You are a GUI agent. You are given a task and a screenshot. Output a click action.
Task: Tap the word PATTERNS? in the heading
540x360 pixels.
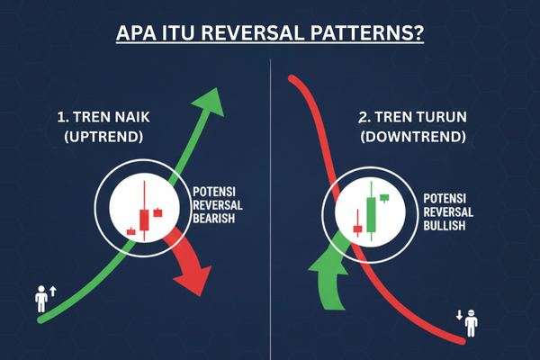point(377,35)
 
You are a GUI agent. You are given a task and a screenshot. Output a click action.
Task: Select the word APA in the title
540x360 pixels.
point(137,35)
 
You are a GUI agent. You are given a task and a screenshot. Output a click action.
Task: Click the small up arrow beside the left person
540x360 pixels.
point(52,291)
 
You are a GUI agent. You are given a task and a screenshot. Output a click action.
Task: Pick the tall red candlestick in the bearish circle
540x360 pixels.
point(143,217)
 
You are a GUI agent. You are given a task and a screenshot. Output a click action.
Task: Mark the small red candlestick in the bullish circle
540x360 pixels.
point(357,229)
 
